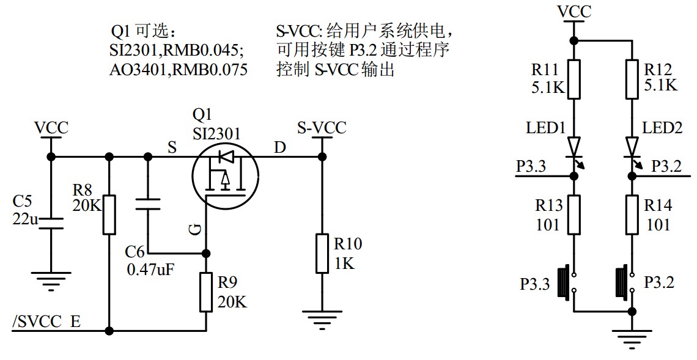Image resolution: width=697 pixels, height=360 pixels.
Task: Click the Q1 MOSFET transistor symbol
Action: pos(226,175)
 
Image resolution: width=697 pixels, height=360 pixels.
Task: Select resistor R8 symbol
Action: pos(109,215)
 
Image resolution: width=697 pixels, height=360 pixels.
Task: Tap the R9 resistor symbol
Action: pos(207,293)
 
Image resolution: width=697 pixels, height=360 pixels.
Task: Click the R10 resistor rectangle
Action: pos(322,253)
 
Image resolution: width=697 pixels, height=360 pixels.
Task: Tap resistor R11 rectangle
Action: pos(573,79)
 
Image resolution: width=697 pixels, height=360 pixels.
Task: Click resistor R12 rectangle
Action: pos(632,79)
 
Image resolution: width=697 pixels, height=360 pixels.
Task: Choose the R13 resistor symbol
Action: pos(573,215)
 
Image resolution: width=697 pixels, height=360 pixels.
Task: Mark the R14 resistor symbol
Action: pos(632,215)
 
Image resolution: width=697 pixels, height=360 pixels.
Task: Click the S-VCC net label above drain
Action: pos(322,128)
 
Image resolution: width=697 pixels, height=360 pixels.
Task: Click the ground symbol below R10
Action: pos(322,318)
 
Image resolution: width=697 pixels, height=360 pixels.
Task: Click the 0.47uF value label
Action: pos(150,269)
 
